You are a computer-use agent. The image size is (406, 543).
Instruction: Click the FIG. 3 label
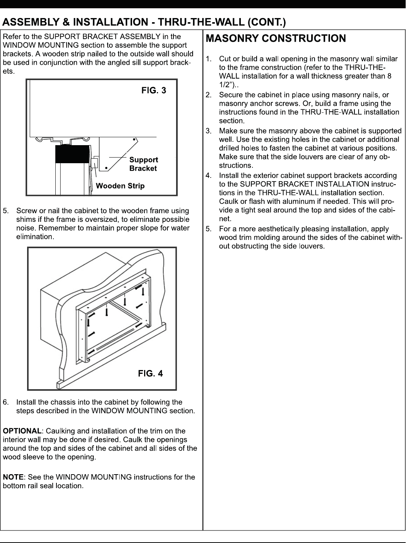[x=154, y=90]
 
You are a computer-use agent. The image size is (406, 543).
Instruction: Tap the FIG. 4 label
[x=151, y=373]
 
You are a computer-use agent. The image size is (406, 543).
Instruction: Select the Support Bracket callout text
[x=143, y=164]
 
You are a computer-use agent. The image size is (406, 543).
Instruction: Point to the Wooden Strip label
[x=120, y=186]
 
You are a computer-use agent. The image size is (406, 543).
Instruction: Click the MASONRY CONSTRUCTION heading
[x=276, y=38]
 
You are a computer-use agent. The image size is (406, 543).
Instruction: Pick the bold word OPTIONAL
[x=22, y=431]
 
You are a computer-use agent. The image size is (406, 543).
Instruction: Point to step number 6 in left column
[x=5, y=402]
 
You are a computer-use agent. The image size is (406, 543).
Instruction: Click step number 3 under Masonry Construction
[x=208, y=131]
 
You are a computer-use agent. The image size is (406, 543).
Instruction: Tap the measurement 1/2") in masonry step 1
[x=227, y=85]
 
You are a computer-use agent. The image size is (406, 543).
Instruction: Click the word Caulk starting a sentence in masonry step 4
[x=228, y=201]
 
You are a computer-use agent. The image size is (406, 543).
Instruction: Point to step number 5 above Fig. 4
[x=5, y=211]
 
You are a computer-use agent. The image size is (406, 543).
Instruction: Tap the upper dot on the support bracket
[x=134, y=139]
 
